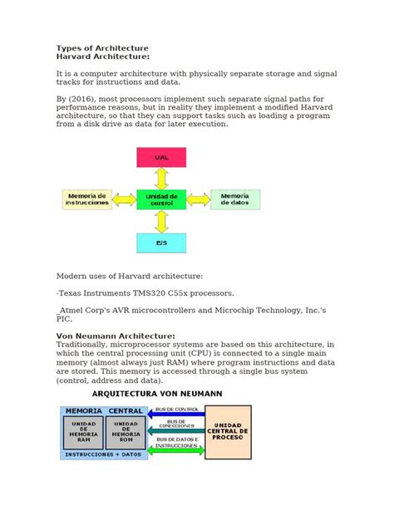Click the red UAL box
(x=161, y=157)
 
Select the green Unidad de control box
(x=161, y=199)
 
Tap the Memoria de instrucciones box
(x=86, y=199)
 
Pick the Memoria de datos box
(x=235, y=199)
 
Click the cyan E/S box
(x=161, y=243)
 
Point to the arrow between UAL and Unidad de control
(x=161, y=178)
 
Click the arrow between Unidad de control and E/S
(x=161, y=221)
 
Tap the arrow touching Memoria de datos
(x=199, y=199)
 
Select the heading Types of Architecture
(x=101, y=48)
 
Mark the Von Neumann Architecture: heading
(x=115, y=336)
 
